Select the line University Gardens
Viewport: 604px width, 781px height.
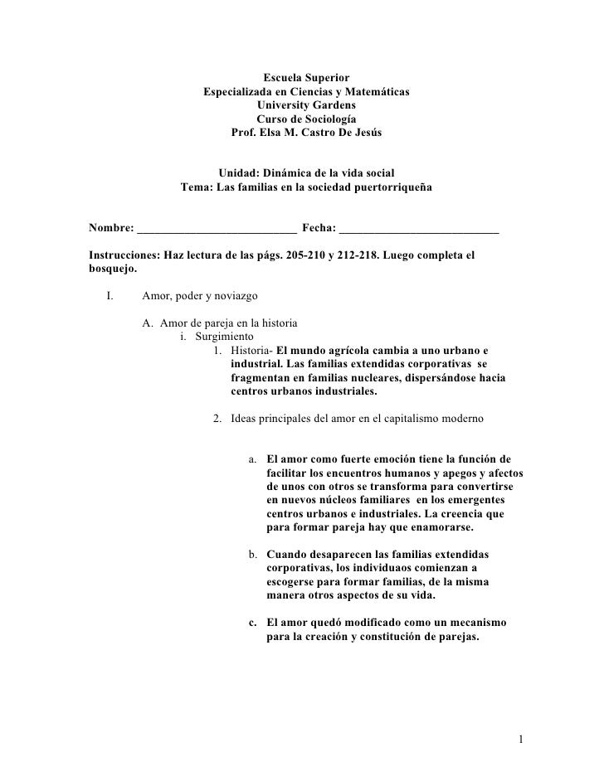point(306,105)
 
